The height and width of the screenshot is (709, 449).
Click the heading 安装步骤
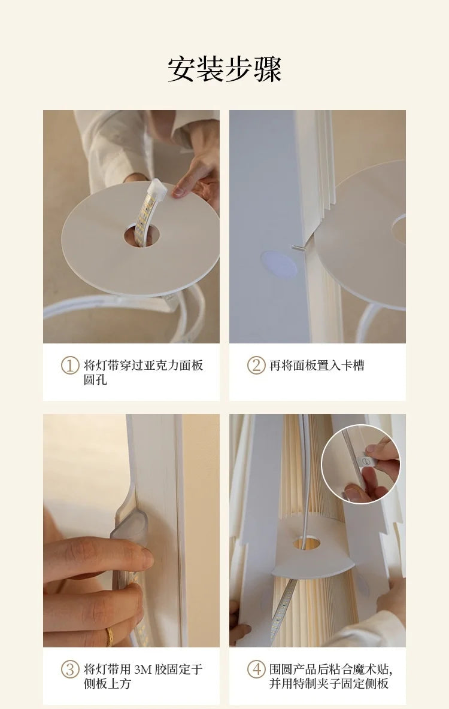point(224,69)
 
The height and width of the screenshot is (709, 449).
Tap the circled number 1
point(69,366)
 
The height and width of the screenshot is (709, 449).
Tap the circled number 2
point(256,366)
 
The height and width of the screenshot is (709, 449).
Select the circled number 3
point(69,669)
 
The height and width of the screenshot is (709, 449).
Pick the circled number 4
point(256,669)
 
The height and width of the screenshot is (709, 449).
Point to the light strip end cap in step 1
point(157,188)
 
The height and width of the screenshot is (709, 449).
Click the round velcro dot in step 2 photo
point(279,264)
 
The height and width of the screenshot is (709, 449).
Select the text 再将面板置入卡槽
point(317,366)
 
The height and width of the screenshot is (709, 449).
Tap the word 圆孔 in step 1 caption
point(95,380)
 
